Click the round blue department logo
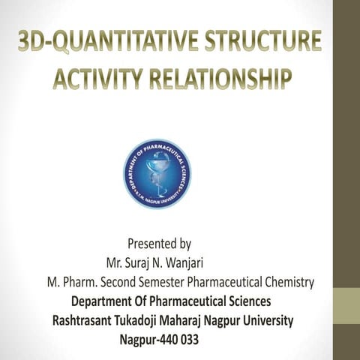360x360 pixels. coord(157,173)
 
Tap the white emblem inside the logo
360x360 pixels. coord(157,173)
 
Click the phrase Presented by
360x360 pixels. coord(159,244)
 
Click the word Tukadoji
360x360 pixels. coord(149,320)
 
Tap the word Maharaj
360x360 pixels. coord(202,320)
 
